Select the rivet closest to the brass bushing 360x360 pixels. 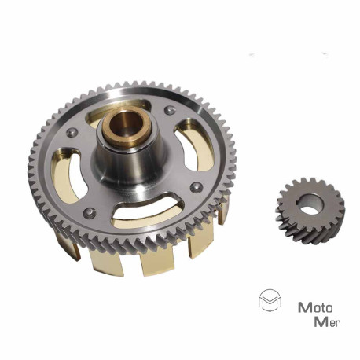point(170,110)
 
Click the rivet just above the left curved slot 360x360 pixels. point(72,133)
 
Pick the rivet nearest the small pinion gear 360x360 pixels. point(196,187)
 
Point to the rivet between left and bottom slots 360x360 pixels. point(90,212)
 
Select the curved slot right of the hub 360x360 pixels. point(194,145)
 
